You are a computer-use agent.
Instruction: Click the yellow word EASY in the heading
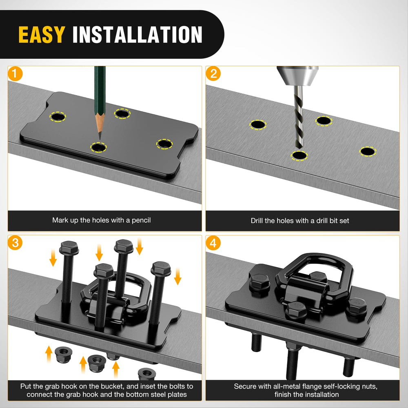(x=42, y=34)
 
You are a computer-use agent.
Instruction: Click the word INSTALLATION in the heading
(x=137, y=34)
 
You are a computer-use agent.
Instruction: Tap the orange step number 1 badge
(x=15, y=73)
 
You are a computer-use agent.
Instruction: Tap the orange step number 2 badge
(x=213, y=73)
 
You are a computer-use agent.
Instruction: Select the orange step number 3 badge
(x=15, y=243)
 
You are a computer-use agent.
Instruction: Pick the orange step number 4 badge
(x=213, y=243)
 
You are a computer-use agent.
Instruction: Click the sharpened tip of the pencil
(x=100, y=139)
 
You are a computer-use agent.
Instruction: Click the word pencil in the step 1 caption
(x=141, y=220)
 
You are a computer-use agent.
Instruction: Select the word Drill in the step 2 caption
(x=257, y=221)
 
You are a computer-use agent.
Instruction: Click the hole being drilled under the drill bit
(x=299, y=155)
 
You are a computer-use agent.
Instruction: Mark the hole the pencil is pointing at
(x=99, y=147)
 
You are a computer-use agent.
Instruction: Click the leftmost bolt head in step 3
(x=69, y=248)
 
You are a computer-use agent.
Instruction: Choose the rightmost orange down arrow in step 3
(x=178, y=276)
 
